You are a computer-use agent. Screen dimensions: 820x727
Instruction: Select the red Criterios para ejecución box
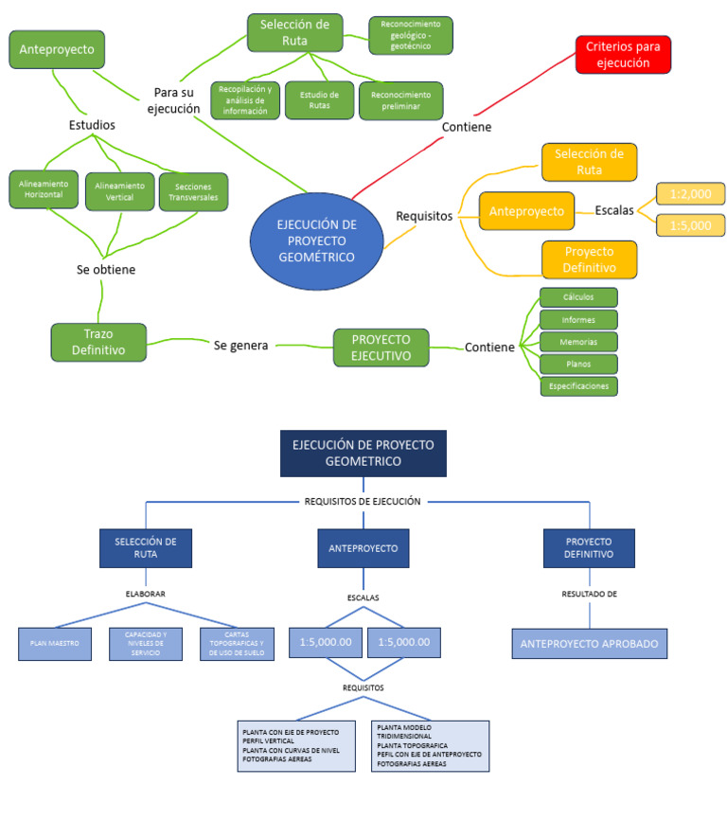tap(623, 54)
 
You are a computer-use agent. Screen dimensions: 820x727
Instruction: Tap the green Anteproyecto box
tap(57, 49)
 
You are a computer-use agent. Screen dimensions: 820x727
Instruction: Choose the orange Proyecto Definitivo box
tap(589, 259)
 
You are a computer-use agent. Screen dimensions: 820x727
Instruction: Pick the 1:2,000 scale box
tap(690, 194)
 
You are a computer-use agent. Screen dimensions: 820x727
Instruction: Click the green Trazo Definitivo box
tap(98, 343)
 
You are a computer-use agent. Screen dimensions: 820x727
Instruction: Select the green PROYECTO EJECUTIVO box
tap(381, 348)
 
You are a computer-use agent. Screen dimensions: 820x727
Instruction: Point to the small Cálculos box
tap(577, 297)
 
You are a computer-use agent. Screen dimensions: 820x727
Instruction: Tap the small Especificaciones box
tap(577, 386)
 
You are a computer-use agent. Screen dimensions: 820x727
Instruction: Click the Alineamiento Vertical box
tap(119, 192)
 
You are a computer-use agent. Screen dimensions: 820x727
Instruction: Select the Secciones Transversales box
tap(193, 192)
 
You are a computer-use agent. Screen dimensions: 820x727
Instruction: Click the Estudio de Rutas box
tap(319, 100)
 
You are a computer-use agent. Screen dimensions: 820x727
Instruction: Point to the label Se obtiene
tap(105, 270)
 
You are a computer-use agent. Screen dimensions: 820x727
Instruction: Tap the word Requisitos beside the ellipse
tap(424, 216)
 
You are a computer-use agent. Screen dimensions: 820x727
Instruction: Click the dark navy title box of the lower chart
tap(363, 453)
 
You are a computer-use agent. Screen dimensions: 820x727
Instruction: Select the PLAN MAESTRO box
tap(55, 644)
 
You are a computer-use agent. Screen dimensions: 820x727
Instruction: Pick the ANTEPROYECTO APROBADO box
tap(591, 644)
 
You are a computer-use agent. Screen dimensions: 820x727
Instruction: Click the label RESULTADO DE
tap(590, 595)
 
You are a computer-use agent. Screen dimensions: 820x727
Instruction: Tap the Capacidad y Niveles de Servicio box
tap(146, 644)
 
